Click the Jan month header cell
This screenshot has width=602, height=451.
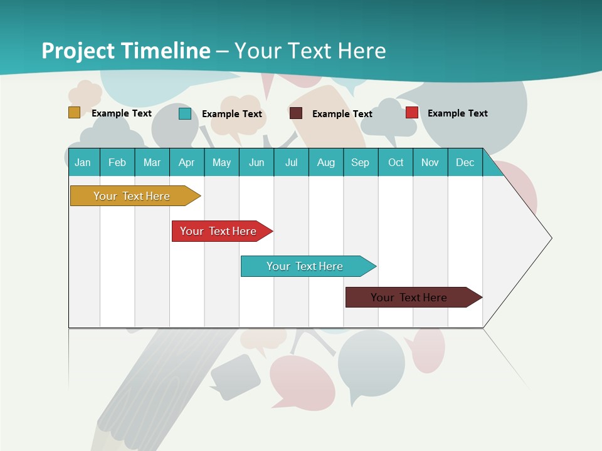point(83,162)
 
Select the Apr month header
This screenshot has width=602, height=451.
point(187,162)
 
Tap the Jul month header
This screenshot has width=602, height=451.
point(291,162)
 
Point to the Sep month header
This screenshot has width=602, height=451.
point(360,162)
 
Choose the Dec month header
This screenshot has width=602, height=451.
point(465,162)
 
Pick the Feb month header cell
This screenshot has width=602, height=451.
point(117,162)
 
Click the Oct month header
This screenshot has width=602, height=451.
point(396,162)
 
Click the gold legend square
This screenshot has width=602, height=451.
point(74,113)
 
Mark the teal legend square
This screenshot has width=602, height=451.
point(184,113)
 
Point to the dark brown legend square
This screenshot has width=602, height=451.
point(296,113)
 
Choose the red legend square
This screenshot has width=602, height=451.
point(411,113)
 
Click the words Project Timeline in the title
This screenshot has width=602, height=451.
point(126,51)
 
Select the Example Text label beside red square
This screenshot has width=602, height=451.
point(457,113)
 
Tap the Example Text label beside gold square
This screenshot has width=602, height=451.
point(121,113)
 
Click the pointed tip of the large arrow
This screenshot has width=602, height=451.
point(549,238)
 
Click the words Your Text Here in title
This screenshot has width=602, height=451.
point(310,51)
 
